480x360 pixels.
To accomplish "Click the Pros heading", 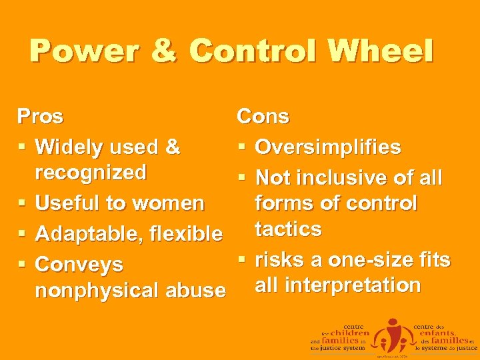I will [x=41, y=117].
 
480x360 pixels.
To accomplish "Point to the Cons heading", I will [x=263, y=117].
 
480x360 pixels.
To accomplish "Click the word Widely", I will [x=68, y=147].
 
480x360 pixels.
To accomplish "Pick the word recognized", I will [x=91, y=173].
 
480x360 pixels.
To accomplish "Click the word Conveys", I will [x=79, y=264].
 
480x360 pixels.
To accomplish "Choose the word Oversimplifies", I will [x=328, y=147].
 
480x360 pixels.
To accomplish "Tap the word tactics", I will [x=289, y=229].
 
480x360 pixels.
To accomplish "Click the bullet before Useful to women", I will [x=22, y=203].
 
